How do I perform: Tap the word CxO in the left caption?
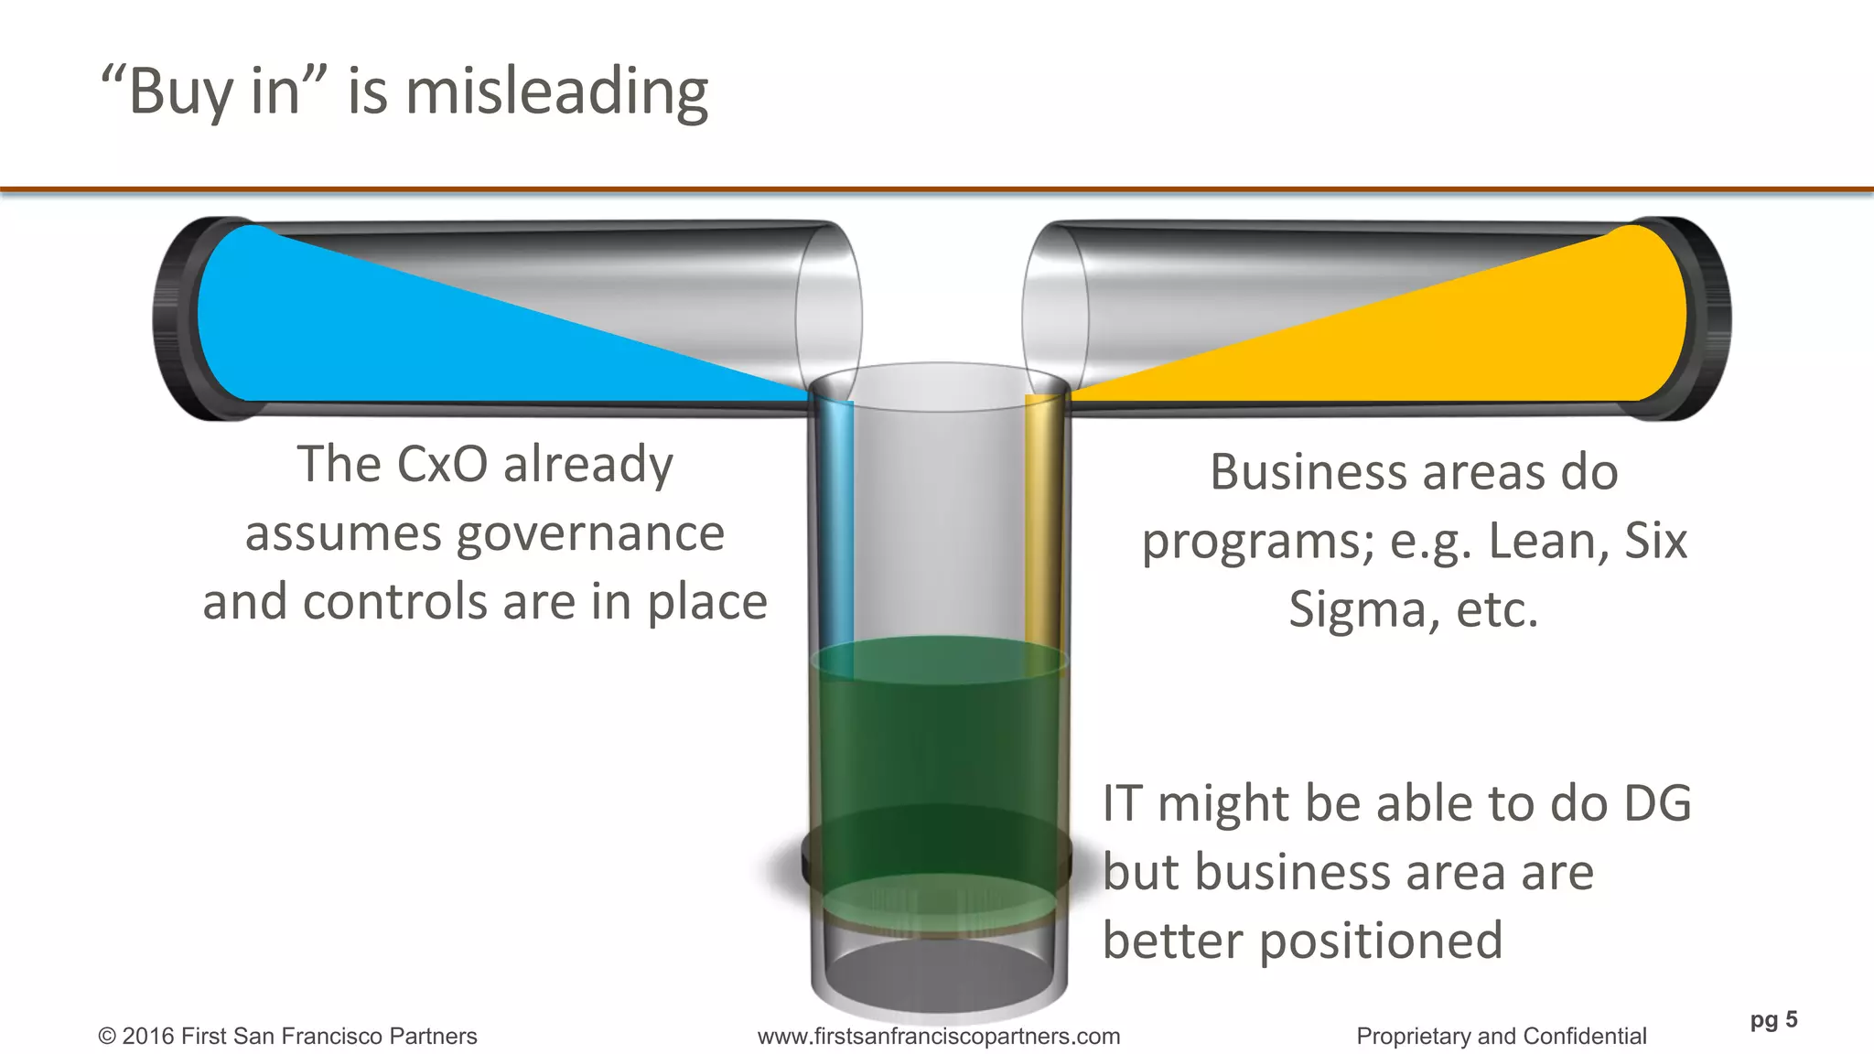443,464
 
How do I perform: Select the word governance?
590,533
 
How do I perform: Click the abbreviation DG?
1656,803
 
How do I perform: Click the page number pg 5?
1773,1019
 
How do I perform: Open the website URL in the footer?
938,1036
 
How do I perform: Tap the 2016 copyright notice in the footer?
287,1036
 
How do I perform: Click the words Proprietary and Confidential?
1501,1036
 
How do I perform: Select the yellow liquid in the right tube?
1510,339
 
